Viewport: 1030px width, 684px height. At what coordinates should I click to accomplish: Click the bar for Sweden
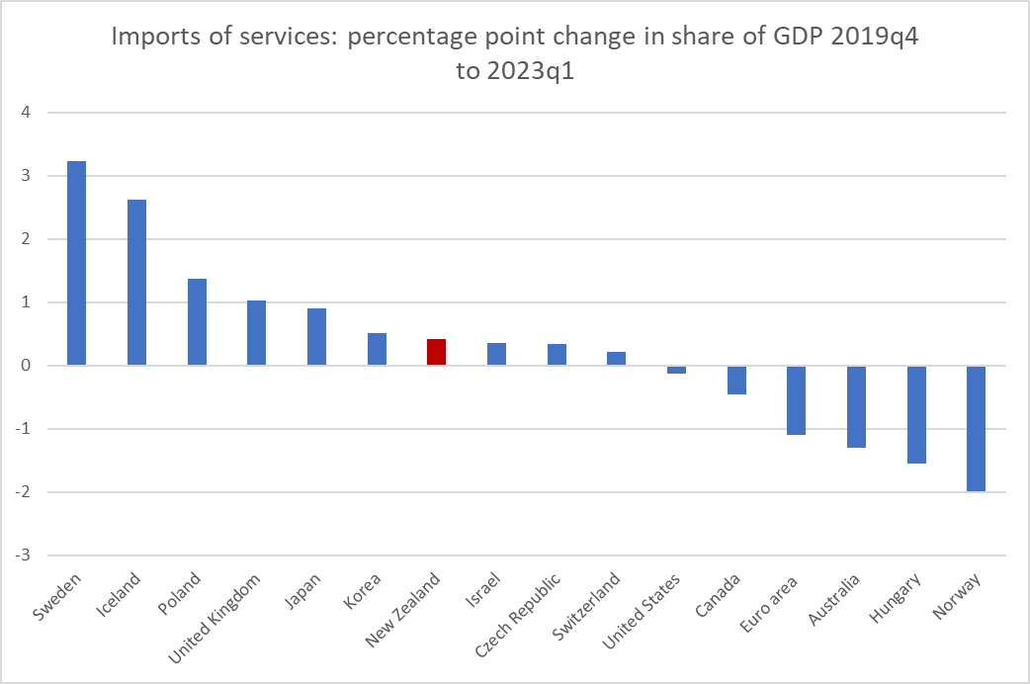tap(76, 263)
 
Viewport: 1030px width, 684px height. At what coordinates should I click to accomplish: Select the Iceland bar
tap(136, 283)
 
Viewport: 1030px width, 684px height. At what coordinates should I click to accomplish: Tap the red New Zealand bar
tap(436, 352)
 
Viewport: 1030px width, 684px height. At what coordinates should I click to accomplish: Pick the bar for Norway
tap(976, 428)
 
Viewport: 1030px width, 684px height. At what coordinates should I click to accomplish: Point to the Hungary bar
tap(915, 414)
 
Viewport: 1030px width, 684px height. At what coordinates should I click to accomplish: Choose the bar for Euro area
tap(796, 400)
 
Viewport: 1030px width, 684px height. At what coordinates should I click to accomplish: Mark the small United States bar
tap(676, 369)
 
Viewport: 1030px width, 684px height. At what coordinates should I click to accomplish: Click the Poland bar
tap(197, 322)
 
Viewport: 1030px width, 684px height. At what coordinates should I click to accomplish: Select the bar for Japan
tap(316, 337)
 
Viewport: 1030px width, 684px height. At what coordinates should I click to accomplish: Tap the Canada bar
tap(736, 380)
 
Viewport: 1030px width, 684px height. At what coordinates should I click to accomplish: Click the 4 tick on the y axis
tap(26, 113)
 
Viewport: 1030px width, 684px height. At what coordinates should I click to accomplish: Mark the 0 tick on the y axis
tap(26, 366)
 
